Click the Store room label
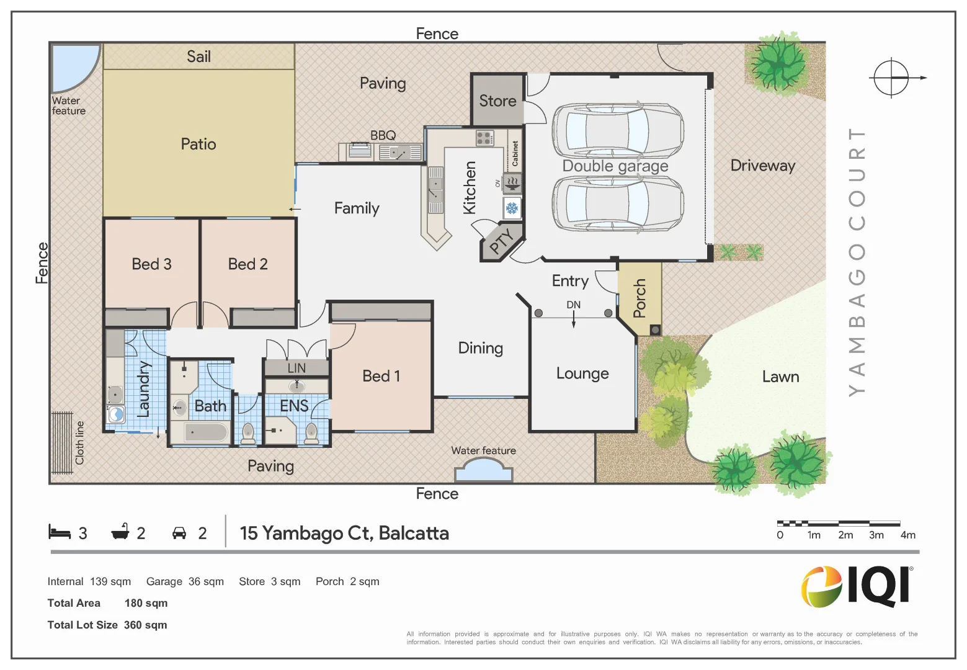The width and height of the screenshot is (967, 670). click(x=497, y=100)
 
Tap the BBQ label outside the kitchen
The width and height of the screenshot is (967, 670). click(x=383, y=135)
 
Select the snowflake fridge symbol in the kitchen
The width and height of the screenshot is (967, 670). click(x=512, y=208)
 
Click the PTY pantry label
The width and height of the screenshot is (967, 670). click(x=501, y=241)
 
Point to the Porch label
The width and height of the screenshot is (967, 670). click(x=639, y=298)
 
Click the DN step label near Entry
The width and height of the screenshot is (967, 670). click(x=573, y=305)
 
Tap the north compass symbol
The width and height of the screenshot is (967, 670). click(x=892, y=78)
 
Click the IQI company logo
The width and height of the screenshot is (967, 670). click(x=857, y=586)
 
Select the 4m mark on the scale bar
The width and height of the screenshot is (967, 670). click(x=907, y=535)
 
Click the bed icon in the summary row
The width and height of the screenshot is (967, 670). click(x=60, y=532)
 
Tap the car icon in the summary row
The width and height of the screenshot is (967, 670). click(x=179, y=533)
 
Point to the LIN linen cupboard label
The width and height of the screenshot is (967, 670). click(x=296, y=368)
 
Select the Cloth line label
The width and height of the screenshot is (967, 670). click(x=79, y=443)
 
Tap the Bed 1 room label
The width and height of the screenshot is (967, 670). click(x=381, y=376)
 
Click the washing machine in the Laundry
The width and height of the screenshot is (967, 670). click(x=115, y=414)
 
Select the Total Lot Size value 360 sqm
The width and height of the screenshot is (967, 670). click(x=145, y=625)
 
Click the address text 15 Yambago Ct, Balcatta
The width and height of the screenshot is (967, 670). click(x=344, y=533)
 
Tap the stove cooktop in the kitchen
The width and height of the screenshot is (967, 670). click(x=484, y=138)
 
